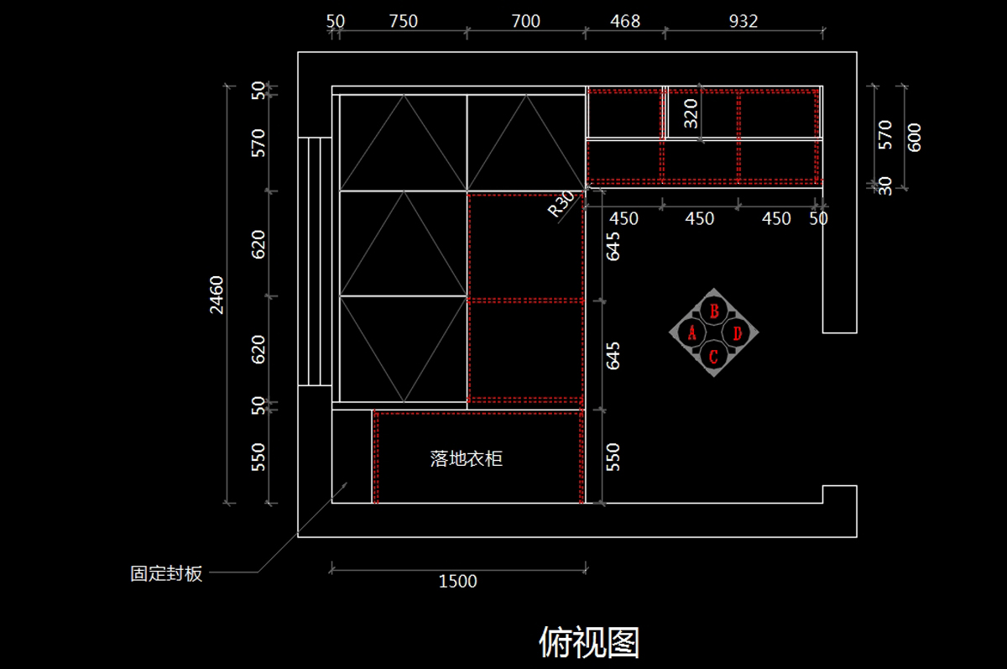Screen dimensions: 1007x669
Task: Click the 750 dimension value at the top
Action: pyautogui.click(x=404, y=21)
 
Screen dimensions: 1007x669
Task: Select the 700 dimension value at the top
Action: pyautogui.click(x=525, y=21)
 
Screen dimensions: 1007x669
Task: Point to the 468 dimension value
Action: pyautogui.click(x=625, y=21)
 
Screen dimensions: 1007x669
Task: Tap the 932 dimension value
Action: pyautogui.click(x=744, y=21)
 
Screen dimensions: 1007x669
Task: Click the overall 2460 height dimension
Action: pyautogui.click(x=217, y=295)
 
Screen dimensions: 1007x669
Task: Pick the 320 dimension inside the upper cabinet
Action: pyautogui.click(x=691, y=114)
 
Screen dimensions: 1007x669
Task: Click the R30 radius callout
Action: pyautogui.click(x=561, y=204)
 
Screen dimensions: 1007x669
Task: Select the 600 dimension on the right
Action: pyautogui.click(x=914, y=138)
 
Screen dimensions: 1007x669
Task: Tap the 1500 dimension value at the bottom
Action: pyautogui.click(x=457, y=582)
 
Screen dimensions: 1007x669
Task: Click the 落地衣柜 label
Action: pyautogui.click(x=467, y=458)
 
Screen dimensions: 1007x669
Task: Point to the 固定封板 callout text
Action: pyautogui.click(x=166, y=573)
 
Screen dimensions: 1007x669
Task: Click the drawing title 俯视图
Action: pyautogui.click(x=589, y=642)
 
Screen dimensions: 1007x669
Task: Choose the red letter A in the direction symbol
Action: pyautogui.click(x=691, y=333)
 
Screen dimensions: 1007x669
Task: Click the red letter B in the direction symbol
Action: pyautogui.click(x=714, y=311)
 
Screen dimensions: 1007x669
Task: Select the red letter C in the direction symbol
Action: pyautogui.click(x=713, y=357)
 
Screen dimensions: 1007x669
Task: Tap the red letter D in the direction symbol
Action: pyautogui.click(x=738, y=333)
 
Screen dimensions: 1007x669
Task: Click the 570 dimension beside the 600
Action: pyautogui.click(x=884, y=135)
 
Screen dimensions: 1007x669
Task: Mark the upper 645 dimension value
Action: pyautogui.click(x=613, y=247)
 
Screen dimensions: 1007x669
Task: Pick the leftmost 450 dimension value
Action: pyautogui.click(x=624, y=218)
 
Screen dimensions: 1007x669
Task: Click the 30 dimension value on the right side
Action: pyautogui.click(x=884, y=186)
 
